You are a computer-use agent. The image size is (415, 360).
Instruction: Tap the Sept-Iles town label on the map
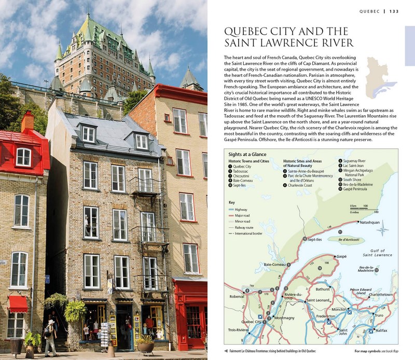point(319,240)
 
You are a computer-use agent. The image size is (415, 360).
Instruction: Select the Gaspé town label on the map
point(341,256)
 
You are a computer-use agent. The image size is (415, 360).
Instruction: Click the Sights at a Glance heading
point(248,154)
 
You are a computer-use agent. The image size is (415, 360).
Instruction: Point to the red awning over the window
point(18,303)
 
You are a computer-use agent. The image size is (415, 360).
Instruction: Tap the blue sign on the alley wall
point(47,279)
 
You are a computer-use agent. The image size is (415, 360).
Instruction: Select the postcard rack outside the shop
point(106,330)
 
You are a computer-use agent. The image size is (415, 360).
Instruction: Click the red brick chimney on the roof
point(27,122)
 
